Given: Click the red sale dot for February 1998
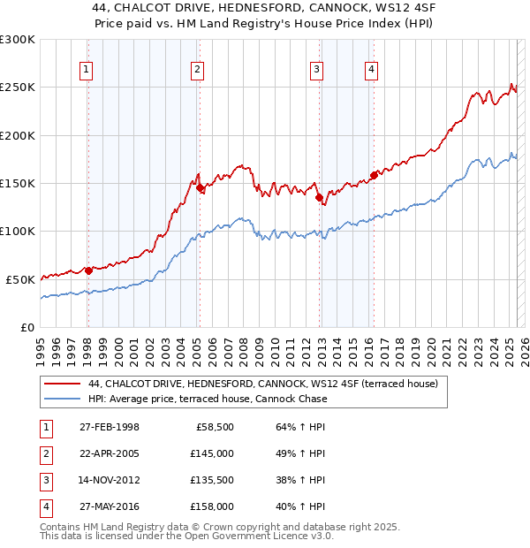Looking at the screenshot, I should point(88,270).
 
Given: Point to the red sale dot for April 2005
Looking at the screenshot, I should point(200,187).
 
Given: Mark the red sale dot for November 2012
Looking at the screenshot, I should point(318,197).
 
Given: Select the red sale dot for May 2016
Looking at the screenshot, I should point(374,175).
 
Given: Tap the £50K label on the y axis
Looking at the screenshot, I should point(20,279).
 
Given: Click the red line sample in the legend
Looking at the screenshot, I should point(63,384).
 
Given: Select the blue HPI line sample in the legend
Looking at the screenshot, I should point(63,399).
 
